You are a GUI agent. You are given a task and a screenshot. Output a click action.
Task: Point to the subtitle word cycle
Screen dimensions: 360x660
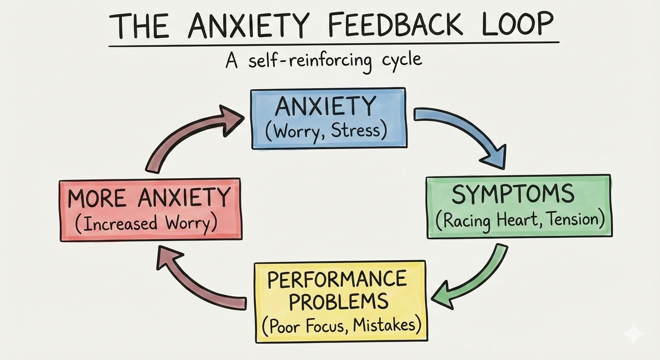[x=399, y=61]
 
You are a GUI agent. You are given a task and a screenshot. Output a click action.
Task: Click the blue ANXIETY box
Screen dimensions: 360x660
[x=329, y=118]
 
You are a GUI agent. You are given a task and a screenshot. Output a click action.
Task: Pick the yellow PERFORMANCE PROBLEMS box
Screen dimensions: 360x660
[x=340, y=301]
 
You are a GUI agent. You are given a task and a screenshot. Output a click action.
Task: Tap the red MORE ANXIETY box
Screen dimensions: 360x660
[x=150, y=209]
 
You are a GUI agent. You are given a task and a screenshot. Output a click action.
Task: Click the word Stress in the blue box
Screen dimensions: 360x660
[x=358, y=131]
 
